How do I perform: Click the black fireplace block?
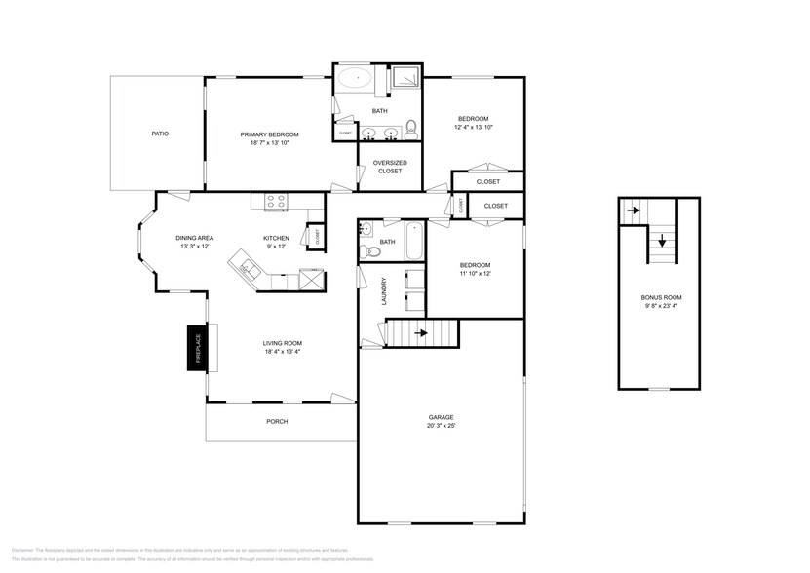pos(197,348)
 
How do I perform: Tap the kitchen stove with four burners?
pos(276,202)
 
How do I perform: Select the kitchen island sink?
pos(245,265)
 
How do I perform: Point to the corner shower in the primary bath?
pos(404,78)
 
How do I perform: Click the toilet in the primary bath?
pos(411,127)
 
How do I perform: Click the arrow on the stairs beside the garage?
pos(420,333)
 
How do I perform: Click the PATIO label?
pos(159,134)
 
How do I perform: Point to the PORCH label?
pos(277,421)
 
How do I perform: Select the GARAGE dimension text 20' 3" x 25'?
pos(441,426)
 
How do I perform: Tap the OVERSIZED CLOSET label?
pos(389,167)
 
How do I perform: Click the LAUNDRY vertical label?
pos(385,293)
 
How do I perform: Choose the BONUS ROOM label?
pos(661,297)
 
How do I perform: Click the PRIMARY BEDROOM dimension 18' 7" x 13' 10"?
pos(270,142)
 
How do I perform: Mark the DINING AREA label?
pos(194,238)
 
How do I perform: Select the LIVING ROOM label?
pos(282,343)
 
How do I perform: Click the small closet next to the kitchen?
pos(316,236)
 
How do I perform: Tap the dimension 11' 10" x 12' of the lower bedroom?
pos(475,274)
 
